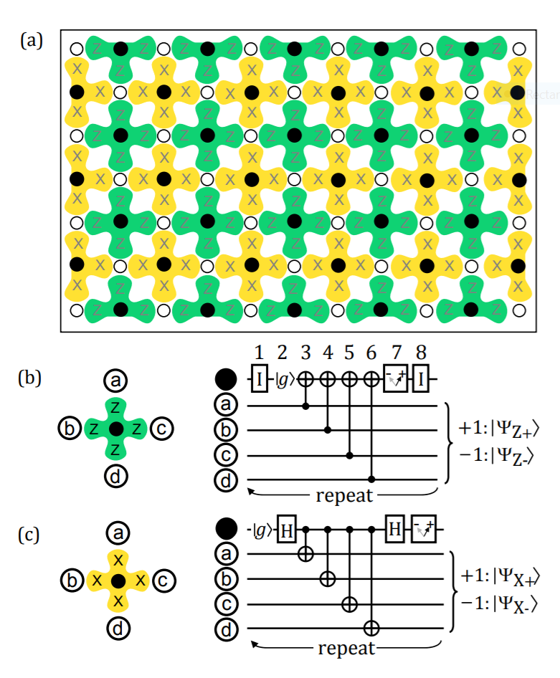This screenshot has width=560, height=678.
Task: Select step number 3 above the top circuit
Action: click(307, 353)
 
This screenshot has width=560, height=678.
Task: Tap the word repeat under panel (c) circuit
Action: click(346, 649)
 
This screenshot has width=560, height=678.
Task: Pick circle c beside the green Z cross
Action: click(163, 429)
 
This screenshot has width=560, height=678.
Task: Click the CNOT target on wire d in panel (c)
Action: click(371, 629)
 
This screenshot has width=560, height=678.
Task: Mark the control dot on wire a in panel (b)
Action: click(307, 406)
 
